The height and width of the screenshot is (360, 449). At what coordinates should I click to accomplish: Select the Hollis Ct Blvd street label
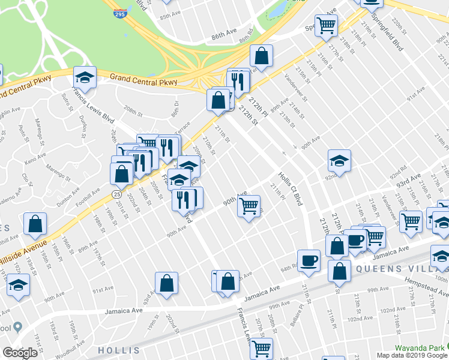click(291, 189)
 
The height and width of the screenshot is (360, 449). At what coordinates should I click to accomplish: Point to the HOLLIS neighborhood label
click(119, 350)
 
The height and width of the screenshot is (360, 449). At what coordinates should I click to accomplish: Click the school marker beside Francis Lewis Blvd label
click(85, 76)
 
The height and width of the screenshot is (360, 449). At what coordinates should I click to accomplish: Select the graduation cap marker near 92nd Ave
click(339, 160)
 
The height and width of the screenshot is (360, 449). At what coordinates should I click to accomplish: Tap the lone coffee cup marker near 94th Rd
click(309, 260)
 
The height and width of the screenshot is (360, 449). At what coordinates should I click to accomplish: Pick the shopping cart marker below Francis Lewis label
click(261, 347)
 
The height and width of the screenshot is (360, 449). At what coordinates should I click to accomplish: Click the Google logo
click(19, 353)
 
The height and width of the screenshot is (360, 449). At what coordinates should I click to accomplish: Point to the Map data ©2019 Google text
click(412, 355)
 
